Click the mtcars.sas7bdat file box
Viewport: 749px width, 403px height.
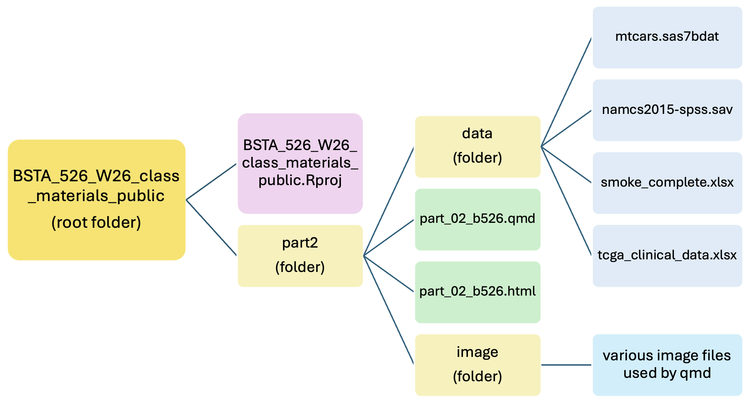[x=667, y=37]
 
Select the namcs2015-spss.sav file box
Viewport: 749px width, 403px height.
[x=667, y=110]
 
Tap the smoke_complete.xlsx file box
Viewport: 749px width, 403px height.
[x=667, y=183]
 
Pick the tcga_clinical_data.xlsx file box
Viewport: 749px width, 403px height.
[x=667, y=256]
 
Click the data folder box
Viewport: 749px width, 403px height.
[x=477, y=147]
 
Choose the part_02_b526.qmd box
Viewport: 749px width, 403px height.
[x=477, y=219]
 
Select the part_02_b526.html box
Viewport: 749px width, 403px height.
[x=477, y=292]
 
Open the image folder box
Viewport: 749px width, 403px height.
[x=477, y=365]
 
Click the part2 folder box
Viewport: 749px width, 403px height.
[x=300, y=256]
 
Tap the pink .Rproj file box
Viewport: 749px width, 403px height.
[x=300, y=163]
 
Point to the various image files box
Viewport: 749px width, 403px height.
[x=667, y=365]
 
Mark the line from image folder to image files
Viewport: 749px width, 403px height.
[x=566, y=365]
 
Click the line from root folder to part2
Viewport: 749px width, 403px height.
[x=211, y=227]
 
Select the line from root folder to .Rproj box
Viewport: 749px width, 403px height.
[x=211, y=182]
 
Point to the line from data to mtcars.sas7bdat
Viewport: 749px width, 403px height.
[x=566, y=92]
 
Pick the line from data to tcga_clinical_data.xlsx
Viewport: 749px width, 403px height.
[x=566, y=201]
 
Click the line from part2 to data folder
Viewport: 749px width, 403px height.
[x=389, y=201]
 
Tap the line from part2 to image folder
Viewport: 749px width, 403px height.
[x=389, y=310]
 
